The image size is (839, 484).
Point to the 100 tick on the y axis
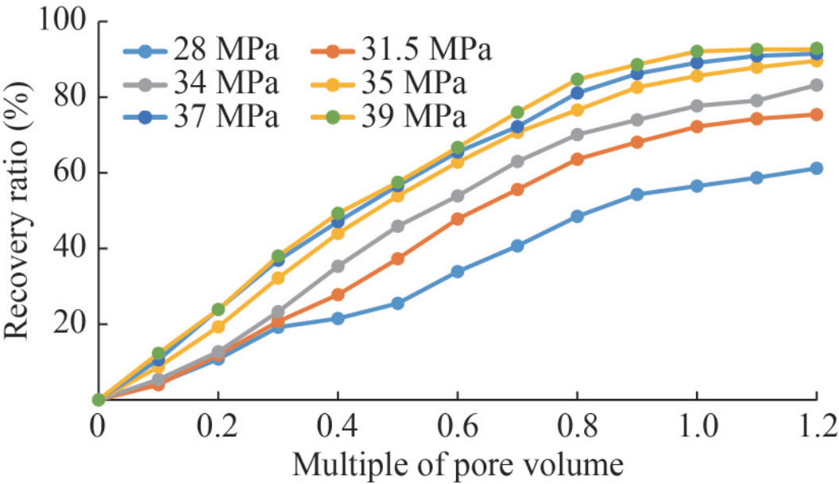point(60,22)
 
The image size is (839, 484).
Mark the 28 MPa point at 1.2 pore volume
point(816,168)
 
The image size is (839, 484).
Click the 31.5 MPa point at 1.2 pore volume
point(816,114)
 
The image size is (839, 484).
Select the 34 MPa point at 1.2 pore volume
point(816,85)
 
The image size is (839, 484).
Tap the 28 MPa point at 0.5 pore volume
point(397,304)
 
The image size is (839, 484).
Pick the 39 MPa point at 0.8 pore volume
point(577,79)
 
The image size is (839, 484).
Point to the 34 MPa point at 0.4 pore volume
point(338,266)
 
